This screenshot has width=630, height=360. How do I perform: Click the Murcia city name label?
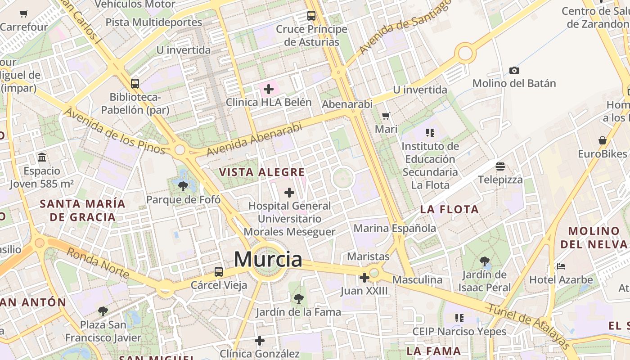click(268, 260)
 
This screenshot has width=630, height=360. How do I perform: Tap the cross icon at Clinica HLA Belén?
click(269, 89)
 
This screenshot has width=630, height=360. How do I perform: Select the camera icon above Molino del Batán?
click(514, 71)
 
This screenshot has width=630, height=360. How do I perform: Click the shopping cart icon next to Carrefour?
click(24, 14)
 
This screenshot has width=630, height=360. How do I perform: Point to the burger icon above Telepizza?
click(500, 166)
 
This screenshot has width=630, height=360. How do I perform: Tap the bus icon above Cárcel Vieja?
click(219, 272)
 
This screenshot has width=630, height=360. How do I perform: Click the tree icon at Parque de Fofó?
click(183, 186)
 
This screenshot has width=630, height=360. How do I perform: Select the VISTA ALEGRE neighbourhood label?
click(262, 172)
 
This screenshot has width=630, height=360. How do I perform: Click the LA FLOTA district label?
click(450, 209)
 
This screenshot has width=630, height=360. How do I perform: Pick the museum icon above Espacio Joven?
click(42, 157)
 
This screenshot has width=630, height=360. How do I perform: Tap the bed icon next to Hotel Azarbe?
click(561, 266)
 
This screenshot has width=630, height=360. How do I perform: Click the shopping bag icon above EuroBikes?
click(602, 140)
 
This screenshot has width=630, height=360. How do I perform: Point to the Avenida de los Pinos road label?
click(115, 130)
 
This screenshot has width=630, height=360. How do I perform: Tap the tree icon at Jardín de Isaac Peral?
click(485, 261)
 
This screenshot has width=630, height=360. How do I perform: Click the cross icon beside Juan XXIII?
click(364, 278)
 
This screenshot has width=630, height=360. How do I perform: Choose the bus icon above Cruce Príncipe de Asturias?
click(311, 16)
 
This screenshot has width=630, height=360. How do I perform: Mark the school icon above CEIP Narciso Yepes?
click(459, 318)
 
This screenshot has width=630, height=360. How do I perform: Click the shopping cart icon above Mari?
click(386, 116)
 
